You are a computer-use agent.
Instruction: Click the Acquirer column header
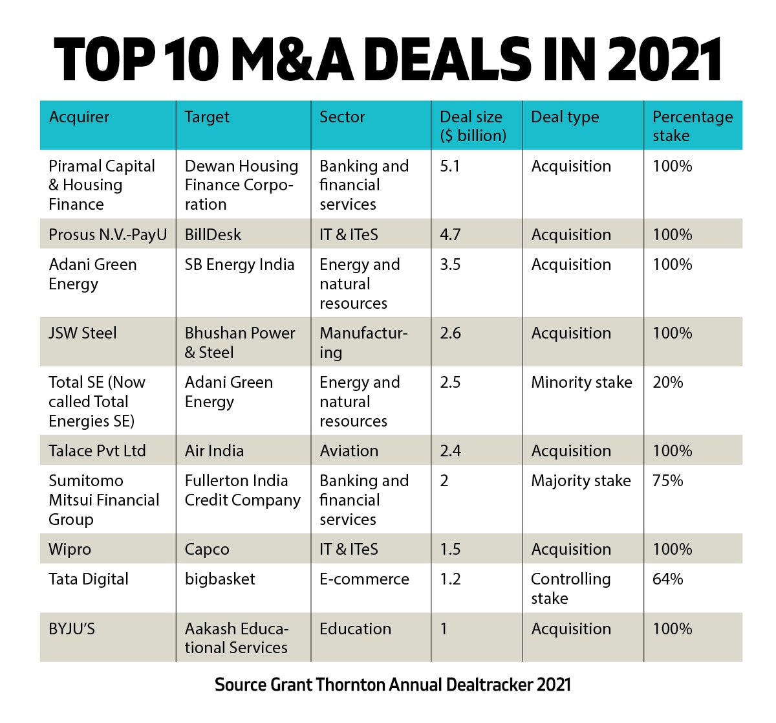click(79, 117)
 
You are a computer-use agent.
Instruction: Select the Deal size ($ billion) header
click(473, 126)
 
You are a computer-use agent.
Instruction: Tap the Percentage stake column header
click(692, 126)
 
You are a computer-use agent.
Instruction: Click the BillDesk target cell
click(213, 234)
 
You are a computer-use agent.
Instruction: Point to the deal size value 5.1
click(450, 166)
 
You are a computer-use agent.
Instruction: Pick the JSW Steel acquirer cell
click(83, 333)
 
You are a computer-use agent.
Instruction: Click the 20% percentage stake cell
click(667, 383)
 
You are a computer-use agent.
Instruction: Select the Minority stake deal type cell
click(581, 383)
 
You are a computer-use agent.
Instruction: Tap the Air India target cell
click(214, 451)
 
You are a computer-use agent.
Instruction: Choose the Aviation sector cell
click(349, 451)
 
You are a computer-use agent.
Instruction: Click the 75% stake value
click(667, 481)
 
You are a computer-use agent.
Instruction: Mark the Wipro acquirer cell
click(70, 550)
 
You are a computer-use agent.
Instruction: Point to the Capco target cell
click(207, 550)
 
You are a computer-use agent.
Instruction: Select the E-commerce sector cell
click(364, 579)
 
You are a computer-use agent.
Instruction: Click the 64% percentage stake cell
click(667, 579)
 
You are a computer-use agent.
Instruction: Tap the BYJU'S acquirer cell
click(72, 629)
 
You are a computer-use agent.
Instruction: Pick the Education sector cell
click(355, 629)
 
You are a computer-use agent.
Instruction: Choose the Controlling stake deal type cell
click(570, 588)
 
